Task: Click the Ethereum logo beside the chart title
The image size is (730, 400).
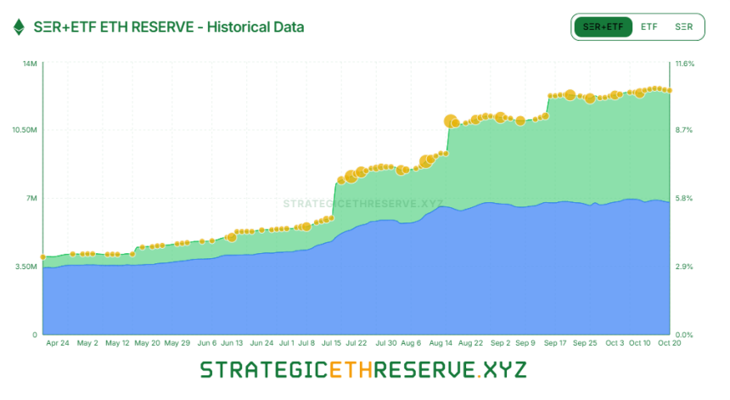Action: [18, 27]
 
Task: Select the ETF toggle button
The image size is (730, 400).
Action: [649, 27]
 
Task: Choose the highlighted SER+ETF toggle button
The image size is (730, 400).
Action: [604, 27]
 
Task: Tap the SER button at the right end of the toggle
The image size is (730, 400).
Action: [684, 27]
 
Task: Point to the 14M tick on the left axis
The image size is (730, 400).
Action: [28, 64]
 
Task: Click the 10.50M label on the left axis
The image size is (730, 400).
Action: [23, 130]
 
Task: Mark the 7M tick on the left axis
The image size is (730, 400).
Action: [30, 199]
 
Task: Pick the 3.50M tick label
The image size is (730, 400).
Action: [25, 267]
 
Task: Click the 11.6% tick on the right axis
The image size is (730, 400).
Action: [684, 64]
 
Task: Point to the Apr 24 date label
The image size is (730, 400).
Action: [58, 344]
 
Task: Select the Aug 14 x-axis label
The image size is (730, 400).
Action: [441, 344]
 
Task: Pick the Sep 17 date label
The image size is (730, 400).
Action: [556, 344]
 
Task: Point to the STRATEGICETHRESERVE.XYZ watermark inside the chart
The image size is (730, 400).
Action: [363, 204]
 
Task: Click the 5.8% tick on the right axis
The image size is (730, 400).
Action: [684, 199]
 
